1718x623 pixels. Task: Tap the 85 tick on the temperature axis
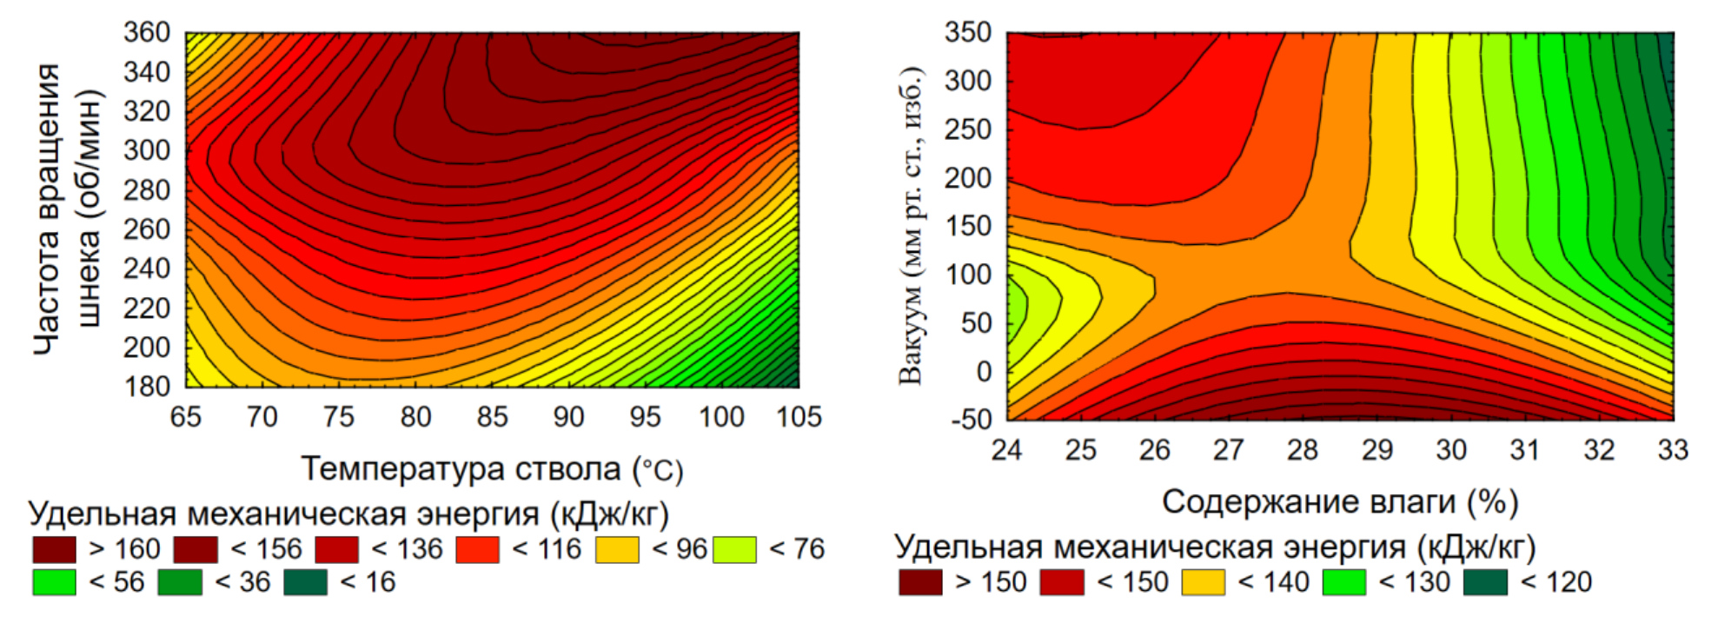(492, 417)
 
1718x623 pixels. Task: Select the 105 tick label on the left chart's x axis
(798, 417)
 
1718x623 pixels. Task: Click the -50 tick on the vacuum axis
(971, 420)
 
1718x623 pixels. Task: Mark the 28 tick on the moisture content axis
(1303, 450)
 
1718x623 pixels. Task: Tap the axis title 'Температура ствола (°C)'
(492, 469)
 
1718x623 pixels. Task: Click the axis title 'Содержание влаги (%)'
(1340, 502)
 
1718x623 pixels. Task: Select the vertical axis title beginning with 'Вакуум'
(911, 226)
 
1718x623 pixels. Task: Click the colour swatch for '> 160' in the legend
(54, 550)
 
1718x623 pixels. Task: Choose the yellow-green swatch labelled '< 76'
(734, 550)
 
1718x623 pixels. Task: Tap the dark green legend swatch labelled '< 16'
(305, 582)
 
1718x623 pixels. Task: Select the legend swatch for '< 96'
(617, 550)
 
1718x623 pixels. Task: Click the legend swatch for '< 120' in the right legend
(1485, 582)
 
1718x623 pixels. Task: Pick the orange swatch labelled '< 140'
(1204, 582)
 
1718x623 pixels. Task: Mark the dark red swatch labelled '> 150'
(920, 582)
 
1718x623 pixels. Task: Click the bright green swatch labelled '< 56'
(54, 582)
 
